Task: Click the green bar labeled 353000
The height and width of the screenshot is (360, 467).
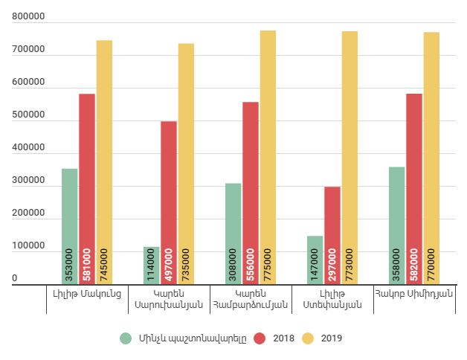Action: coord(70,226)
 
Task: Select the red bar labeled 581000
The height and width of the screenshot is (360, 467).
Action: coord(87,189)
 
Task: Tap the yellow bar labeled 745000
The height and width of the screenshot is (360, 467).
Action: coord(104,162)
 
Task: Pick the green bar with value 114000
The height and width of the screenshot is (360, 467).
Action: coord(152,266)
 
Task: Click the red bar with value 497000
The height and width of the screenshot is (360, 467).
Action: coord(169,202)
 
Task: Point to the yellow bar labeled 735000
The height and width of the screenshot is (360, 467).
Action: coord(186,164)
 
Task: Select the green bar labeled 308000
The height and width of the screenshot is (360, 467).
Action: coord(233,234)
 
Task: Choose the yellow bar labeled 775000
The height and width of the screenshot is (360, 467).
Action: coord(268,157)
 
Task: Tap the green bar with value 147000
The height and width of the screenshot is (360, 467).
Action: coord(315,260)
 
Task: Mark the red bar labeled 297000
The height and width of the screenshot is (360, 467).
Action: coord(332,235)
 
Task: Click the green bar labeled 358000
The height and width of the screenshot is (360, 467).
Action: coord(397,225)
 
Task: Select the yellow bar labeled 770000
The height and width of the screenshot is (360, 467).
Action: coord(431,158)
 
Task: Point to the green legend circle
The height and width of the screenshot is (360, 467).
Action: coord(126,338)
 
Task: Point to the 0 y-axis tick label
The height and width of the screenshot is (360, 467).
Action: coord(14,279)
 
